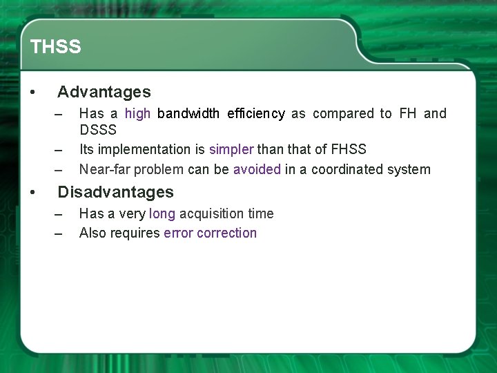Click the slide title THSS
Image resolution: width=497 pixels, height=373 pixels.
[55, 47]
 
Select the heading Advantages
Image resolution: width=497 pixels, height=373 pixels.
[104, 92]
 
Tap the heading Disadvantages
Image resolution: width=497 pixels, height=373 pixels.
[115, 192]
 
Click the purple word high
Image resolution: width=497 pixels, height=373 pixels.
[137, 113]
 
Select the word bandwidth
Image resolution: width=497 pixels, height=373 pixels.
[188, 113]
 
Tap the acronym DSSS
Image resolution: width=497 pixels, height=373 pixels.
[98, 130]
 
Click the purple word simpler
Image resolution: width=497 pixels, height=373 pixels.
[231, 149]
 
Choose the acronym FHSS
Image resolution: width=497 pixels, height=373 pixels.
[349, 149]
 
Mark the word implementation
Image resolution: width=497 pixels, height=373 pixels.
[146, 149]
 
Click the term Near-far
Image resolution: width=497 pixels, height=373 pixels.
[105, 169]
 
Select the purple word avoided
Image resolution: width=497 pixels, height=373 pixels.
[257, 169]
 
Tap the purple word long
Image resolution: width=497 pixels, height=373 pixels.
[162, 213]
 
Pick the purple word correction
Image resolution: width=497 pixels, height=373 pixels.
[226, 233]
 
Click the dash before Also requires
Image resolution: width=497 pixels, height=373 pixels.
[59, 233]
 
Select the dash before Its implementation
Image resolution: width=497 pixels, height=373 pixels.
[59, 150]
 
